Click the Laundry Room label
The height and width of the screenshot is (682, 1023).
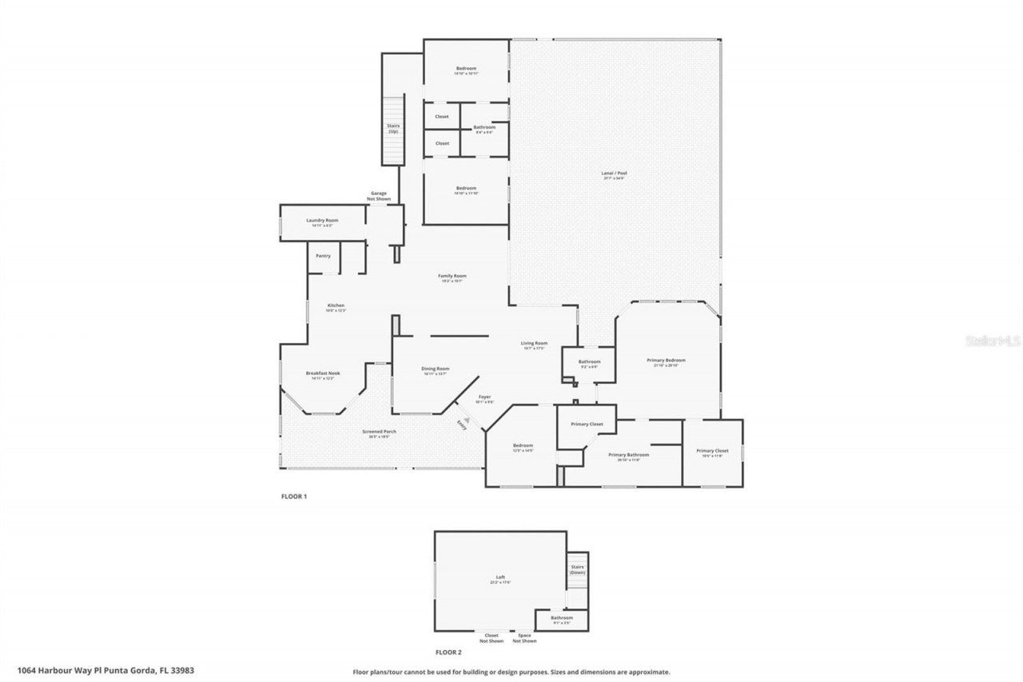[322, 221]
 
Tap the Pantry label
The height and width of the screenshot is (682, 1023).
[323, 256]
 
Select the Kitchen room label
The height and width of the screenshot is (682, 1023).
[335, 306]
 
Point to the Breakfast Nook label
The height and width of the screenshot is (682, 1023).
[319, 373]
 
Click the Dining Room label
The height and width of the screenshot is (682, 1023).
[436, 369]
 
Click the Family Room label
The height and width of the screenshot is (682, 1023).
[452, 277]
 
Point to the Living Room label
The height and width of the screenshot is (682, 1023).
[535, 344]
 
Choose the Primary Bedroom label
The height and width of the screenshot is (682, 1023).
[666, 361]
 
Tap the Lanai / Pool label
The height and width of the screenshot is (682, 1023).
[613, 173]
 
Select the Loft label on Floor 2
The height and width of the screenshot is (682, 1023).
[500, 578]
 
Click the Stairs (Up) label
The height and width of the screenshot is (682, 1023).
[393, 128]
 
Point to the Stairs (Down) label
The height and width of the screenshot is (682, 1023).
[577, 569]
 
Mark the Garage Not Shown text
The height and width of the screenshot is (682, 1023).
[378, 195]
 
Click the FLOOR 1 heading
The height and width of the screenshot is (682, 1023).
[293, 497]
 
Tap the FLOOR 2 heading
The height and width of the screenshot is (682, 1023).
[448, 652]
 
